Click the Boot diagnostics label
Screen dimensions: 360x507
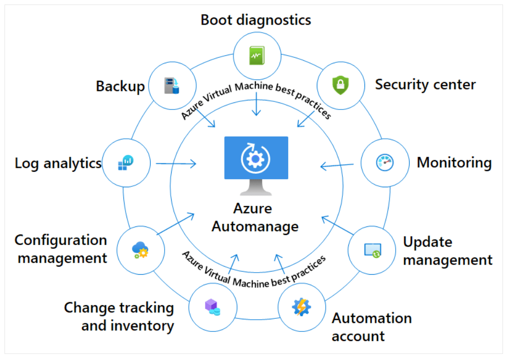256,20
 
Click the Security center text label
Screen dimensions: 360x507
425,84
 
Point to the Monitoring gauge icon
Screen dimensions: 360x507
385,162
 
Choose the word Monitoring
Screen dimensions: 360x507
454,163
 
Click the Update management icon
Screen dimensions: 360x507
372,250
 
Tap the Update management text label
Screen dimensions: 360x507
447,251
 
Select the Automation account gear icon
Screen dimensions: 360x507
302,306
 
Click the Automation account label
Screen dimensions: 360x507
371,327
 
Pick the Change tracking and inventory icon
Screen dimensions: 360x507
212,306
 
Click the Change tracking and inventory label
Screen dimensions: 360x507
119,316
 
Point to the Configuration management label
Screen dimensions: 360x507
61,249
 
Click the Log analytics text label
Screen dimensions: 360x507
58,163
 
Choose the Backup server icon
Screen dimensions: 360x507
172,85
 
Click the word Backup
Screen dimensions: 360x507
120,86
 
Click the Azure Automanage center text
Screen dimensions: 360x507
255,217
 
